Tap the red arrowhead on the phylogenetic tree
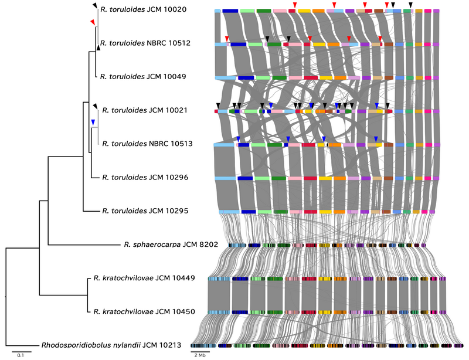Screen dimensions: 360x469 92,22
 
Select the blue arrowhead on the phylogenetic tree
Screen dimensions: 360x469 93,122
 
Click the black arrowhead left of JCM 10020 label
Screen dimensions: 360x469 95,5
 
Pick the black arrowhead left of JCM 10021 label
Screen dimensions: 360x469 95,105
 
